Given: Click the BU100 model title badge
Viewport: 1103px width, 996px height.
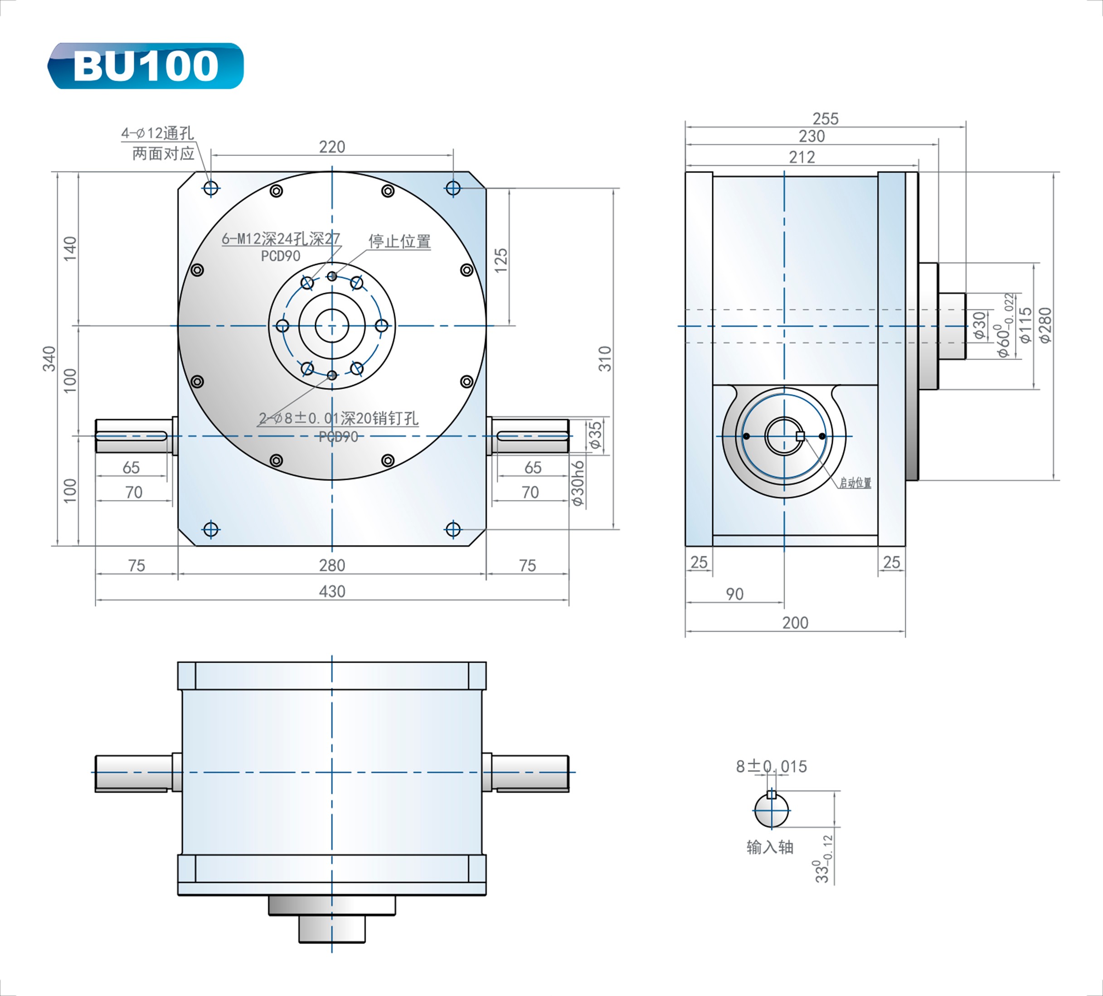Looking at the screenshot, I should coord(146,66).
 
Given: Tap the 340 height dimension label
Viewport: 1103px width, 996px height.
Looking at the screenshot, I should coord(49,358).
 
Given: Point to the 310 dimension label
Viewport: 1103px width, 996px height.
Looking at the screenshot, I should coord(605,358).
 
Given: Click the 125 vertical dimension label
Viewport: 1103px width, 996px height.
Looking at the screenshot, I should coord(501,261).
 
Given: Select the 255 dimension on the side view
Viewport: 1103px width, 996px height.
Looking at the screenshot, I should coord(825,119).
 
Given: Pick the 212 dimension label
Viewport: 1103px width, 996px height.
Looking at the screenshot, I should coord(802,158).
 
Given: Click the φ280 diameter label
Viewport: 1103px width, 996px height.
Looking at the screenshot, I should coord(1045,325).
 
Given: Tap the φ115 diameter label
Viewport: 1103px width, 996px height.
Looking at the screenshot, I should coord(1026,325).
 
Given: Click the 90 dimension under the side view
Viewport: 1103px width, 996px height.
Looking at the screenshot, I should coord(734,594).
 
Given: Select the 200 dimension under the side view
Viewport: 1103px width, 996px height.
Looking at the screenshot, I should coord(795,623).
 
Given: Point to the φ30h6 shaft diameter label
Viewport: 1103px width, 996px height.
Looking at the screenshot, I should coord(578,483).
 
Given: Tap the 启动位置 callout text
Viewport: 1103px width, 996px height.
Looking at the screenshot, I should coord(855,483).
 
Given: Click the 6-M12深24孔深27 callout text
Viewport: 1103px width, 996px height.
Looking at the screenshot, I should coord(281,239).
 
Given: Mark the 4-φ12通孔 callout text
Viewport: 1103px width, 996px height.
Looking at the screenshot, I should coord(158,133).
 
